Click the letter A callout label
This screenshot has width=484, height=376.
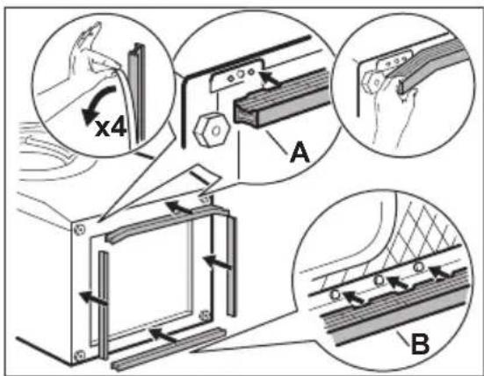(300, 153)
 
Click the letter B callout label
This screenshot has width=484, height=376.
(420, 343)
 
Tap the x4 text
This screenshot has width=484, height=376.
(111, 128)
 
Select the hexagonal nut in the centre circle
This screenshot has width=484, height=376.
(211, 130)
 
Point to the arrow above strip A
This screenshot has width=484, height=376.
(268, 77)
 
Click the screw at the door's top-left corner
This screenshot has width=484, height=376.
(79, 229)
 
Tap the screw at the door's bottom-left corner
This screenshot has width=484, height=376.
(80, 355)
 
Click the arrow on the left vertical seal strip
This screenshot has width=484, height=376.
(93, 298)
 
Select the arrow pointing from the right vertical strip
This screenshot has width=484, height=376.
(217, 262)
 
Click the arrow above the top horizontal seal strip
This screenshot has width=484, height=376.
(179, 207)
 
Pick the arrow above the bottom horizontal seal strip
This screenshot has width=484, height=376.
(163, 336)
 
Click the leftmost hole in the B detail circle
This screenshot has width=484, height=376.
(336, 295)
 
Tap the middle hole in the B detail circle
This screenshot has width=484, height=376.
(379, 280)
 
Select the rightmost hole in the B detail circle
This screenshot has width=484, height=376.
(419, 266)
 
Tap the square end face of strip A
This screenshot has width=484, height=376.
(246, 112)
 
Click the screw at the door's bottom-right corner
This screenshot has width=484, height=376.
(204, 315)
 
